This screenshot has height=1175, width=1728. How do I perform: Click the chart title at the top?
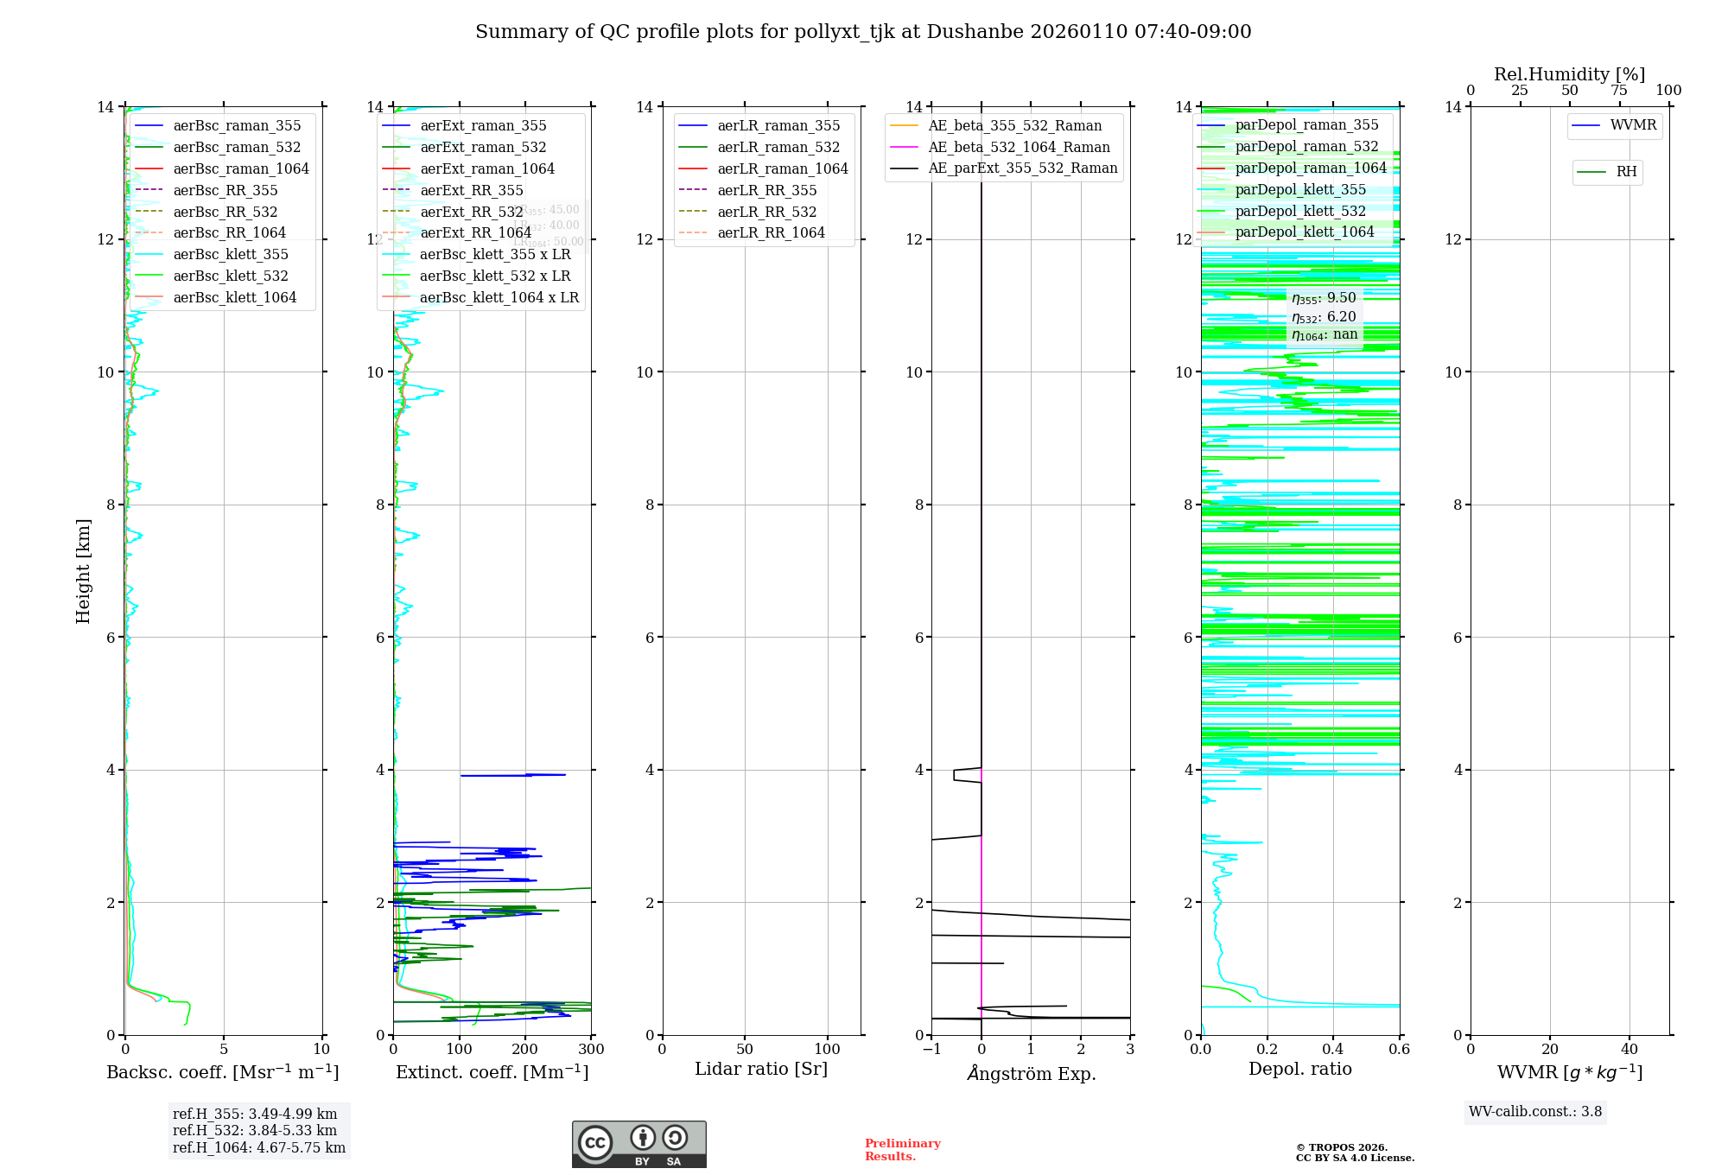click(x=863, y=32)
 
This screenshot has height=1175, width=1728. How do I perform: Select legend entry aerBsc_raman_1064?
click(x=240, y=168)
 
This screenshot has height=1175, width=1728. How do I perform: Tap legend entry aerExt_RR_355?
click(x=471, y=190)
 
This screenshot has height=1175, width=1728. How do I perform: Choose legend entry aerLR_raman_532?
click(x=778, y=147)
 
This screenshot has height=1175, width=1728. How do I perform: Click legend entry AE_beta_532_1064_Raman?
click(x=1019, y=147)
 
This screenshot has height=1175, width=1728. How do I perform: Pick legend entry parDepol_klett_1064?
click(x=1304, y=232)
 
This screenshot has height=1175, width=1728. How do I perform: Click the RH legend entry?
click(x=1626, y=172)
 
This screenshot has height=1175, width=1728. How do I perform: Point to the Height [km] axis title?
click(x=83, y=570)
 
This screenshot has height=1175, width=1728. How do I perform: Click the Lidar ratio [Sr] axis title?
click(x=761, y=1069)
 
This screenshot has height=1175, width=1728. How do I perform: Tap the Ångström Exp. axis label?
click(x=1031, y=1073)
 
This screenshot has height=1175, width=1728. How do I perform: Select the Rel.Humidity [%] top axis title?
click(x=1569, y=74)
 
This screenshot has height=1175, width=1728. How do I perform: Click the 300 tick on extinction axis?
click(x=591, y=1050)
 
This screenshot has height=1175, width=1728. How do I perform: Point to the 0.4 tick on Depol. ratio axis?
click(x=1333, y=1050)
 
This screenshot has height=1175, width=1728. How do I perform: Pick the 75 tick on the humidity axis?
click(x=1619, y=91)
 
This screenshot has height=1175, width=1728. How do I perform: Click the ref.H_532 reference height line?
click(x=255, y=1130)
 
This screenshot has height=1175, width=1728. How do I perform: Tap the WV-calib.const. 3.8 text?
click(x=1535, y=1112)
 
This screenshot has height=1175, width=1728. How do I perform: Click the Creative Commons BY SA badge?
click(x=638, y=1144)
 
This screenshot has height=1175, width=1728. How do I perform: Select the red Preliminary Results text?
click(x=902, y=1150)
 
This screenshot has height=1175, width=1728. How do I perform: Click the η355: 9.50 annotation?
click(x=1324, y=298)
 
